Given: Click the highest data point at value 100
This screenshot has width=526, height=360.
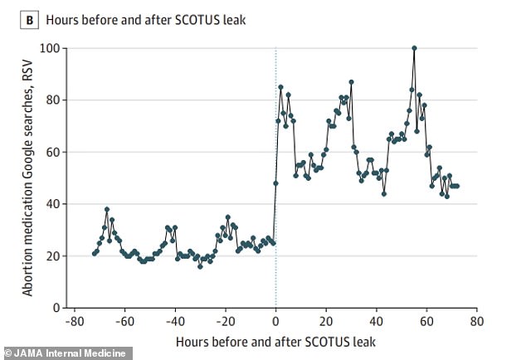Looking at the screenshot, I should click(414, 48).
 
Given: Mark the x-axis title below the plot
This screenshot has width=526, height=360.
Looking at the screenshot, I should click(275, 342).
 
